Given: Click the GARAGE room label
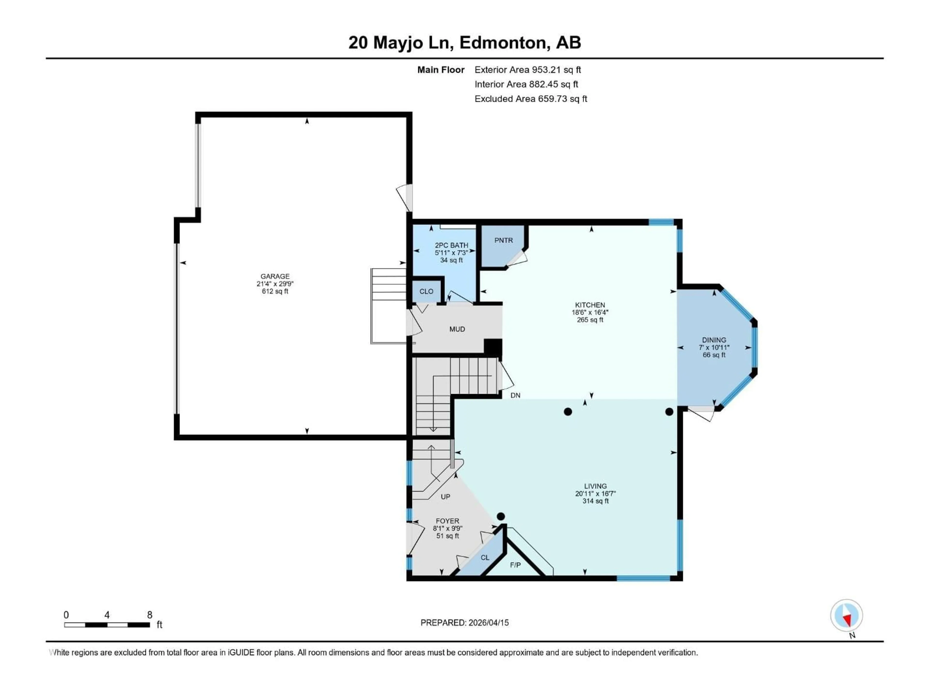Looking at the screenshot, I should click(x=275, y=277).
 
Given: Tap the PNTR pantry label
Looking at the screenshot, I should click(x=503, y=240).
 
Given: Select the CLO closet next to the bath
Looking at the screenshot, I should click(x=426, y=291).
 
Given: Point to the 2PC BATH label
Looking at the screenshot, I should click(x=451, y=245).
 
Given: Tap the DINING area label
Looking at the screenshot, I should click(x=714, y=340).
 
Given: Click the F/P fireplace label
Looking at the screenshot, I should click(x=515, y=565).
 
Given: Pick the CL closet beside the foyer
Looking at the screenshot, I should click(x=485, y=557).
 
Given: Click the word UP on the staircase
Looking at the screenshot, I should click(x=445, y=497).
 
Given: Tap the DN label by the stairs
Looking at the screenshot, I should click(x=515, y=396).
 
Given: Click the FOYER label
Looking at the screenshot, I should click(x=447, y=521).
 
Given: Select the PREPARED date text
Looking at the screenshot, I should click(x=465, y=623).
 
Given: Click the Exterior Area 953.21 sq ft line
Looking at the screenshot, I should click(x=528, y=70).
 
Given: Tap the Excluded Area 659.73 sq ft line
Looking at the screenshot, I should click(x=531, y=99).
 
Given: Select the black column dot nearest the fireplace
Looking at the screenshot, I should click(x=500, y=516).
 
